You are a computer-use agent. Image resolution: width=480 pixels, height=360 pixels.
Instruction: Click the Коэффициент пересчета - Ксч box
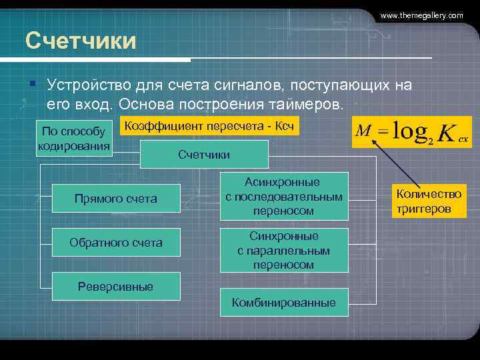click(209, 125)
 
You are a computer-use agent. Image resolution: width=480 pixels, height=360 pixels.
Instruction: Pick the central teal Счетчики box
click(204, 155)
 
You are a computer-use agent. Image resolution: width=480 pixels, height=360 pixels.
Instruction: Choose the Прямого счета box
click(116, 199)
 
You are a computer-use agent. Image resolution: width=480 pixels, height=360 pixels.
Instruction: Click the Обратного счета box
click(116, 243)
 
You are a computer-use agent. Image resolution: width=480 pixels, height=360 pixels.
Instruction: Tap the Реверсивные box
click(116, 287)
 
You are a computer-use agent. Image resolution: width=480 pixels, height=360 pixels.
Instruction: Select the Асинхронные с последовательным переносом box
click(283, 196)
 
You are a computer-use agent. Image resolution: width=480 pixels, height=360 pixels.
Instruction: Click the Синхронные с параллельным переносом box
click(283, 250)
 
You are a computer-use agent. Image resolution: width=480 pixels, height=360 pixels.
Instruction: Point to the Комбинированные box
click(283, 303)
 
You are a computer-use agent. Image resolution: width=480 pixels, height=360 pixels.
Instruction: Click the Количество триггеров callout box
click(429, 201)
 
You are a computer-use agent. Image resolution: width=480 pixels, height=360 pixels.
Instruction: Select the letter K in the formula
click(446, 132)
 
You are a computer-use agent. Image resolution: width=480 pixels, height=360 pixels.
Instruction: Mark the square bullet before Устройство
click(31, 84)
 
